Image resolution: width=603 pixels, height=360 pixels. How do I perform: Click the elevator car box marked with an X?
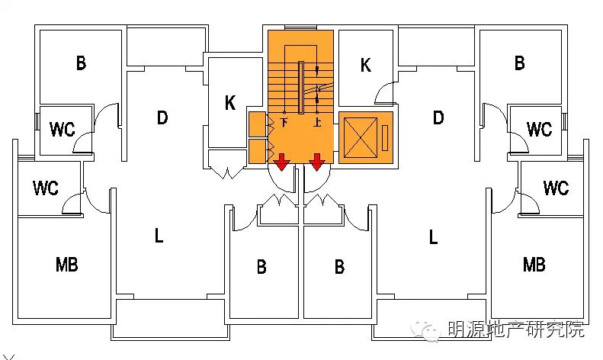(x=361, y=138)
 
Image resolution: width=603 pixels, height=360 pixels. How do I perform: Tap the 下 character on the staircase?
(x=284, y=122)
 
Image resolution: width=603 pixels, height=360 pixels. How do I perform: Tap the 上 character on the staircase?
(x=317, y=122)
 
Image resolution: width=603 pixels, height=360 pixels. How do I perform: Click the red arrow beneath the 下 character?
(x=282, y=161)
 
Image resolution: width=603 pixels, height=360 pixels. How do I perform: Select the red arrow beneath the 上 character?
(x=317, y=161)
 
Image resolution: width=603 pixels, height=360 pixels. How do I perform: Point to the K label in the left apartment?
(x=229, y=104)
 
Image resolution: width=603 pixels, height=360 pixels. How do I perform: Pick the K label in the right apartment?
(x=366, y=66)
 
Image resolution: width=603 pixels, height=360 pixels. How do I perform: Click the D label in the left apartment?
(x=162, y=117)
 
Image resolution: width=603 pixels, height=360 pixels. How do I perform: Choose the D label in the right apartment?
(x=438, y=117)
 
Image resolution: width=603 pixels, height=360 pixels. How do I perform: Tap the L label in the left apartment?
(x=159, y=236)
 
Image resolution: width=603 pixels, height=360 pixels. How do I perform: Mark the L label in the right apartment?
(x=433, y=236)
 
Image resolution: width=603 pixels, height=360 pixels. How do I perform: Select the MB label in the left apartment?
(x=67, y=265)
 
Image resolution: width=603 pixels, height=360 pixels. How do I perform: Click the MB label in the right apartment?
(x=534, y=265)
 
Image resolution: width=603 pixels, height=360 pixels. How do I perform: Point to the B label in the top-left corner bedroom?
(x=81, y=63)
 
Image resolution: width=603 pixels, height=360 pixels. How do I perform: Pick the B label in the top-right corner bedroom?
(x=519, y=63)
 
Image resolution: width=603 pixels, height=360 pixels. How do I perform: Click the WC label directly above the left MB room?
(x=47, y=187)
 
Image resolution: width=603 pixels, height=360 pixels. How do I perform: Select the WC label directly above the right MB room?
(x=556, y=187)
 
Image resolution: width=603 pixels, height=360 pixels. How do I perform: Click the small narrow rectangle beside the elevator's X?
(x=385, y=137)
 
